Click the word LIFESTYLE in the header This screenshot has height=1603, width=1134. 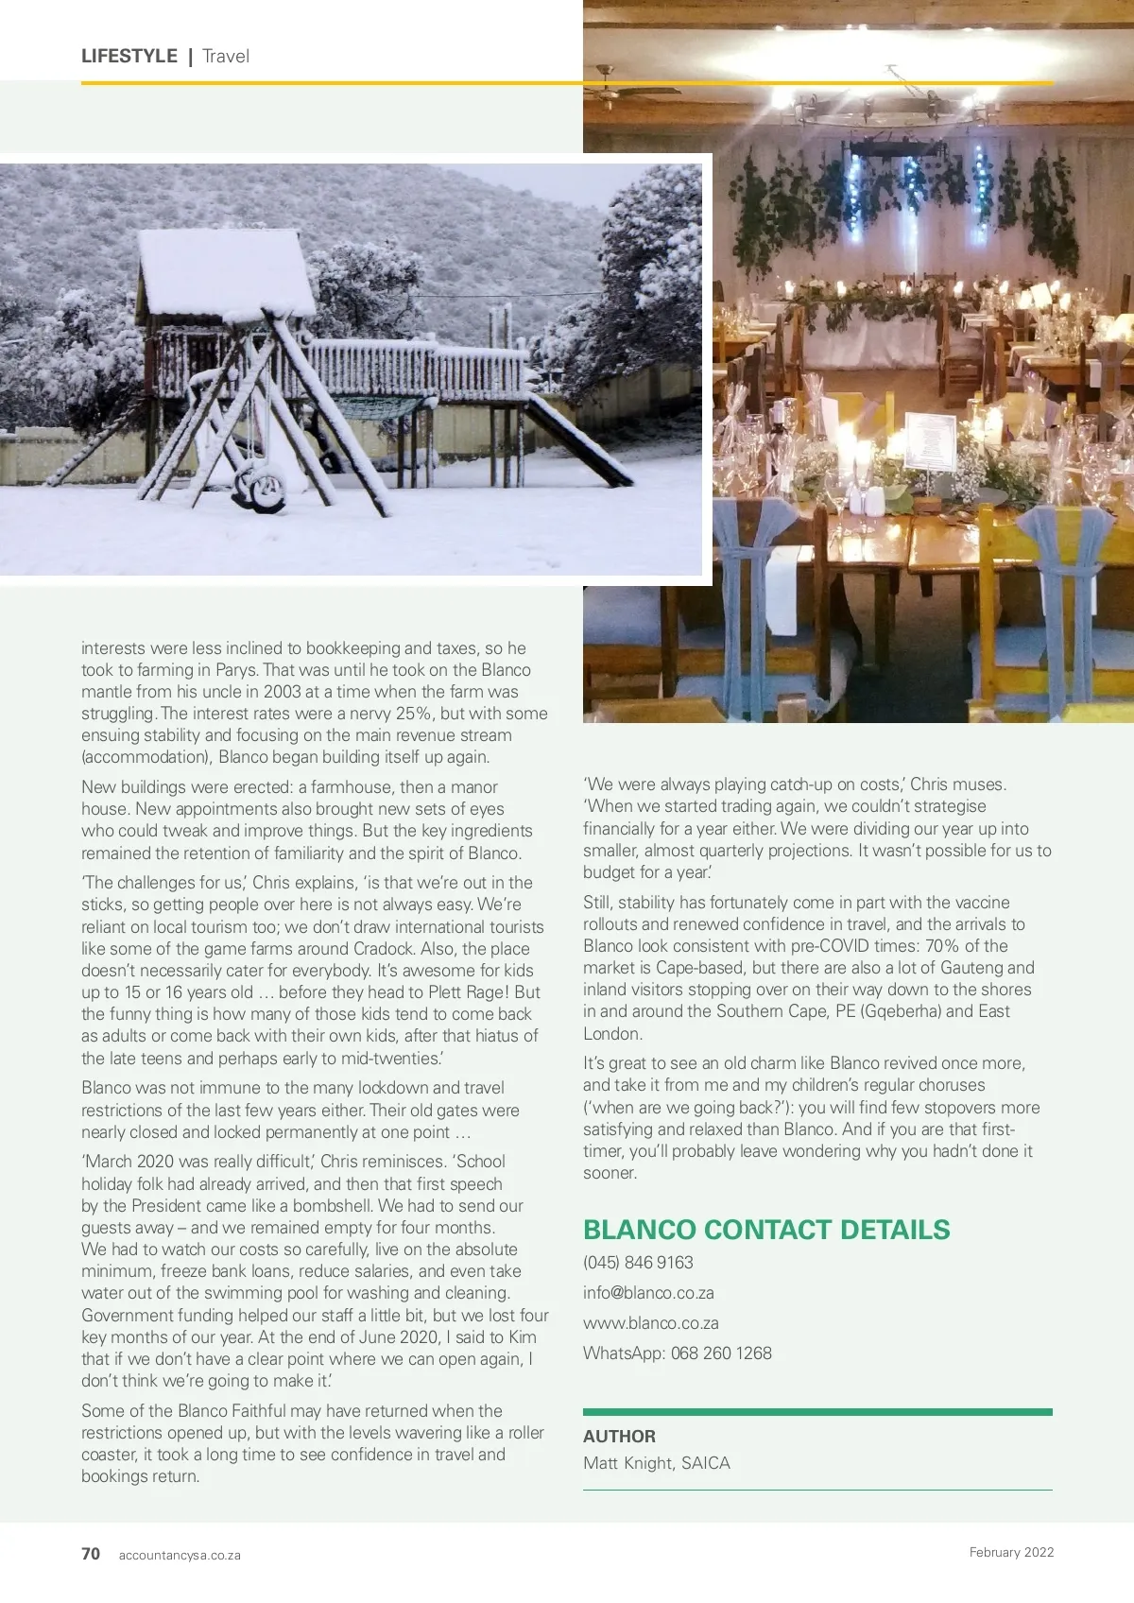tap(129, 56)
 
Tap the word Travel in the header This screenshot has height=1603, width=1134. tap(226, 56)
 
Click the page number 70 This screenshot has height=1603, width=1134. tap(91, 1554)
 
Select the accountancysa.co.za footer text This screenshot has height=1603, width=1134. tap(180, 1555)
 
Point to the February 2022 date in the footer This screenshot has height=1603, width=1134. tap(1011, 1552)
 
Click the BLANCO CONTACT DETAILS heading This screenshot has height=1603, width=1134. tap(766, 1230)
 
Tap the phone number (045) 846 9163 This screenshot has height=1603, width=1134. tap(638, 1263)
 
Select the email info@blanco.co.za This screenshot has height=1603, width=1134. tap(648, 1293)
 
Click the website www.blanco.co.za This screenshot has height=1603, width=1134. tap(651, 1323)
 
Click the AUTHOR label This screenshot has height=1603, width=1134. tap(619, 1437)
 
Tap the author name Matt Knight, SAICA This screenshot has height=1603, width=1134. tap(657, 1463)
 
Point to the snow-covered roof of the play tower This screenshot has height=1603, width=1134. tap(225, 271)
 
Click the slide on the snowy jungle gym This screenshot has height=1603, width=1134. tap(578, 440)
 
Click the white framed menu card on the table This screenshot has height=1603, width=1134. tap(932, 440)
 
